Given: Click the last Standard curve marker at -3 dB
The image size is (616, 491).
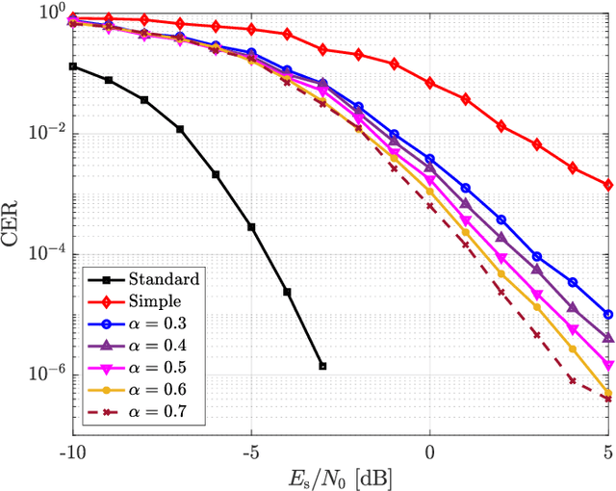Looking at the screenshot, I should pos(322,366).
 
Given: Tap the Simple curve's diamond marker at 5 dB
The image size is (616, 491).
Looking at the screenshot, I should pos(608,185).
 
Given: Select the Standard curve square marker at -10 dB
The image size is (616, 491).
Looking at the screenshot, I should pos(72,66).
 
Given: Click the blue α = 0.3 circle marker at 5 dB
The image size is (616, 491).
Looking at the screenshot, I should pos(608,314).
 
